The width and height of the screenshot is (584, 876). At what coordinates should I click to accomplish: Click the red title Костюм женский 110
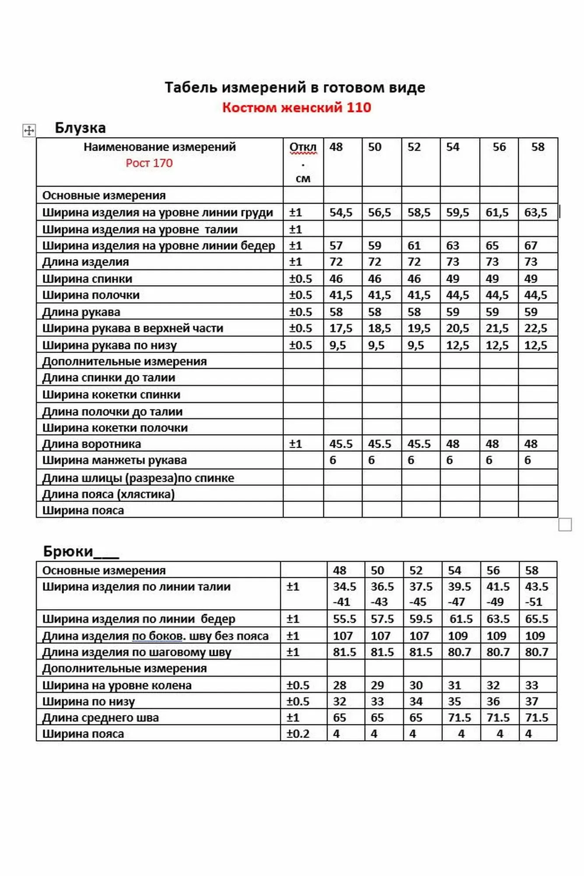pos(296,107)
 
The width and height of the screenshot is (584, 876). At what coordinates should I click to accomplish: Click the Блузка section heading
pos(80,128)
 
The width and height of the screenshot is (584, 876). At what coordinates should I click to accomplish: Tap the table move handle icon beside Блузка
pos(29,130)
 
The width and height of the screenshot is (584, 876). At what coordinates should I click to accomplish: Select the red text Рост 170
pos(149,163)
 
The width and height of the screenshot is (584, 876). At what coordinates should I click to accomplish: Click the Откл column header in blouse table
pos(303,148)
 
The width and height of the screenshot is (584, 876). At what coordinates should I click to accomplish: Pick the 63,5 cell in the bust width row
pos(535,212)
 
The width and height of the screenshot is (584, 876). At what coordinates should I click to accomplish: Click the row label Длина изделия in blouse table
pos(85,262)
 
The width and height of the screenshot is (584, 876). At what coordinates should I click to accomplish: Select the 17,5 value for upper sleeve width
pos(340,328)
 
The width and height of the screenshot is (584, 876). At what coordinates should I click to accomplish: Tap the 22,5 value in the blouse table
pos(535,328)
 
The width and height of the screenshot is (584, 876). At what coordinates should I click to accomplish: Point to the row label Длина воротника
pos(92,444)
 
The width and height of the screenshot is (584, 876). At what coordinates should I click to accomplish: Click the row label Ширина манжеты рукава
pos(114,460)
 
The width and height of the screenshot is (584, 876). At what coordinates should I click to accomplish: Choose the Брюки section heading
pos(68,551)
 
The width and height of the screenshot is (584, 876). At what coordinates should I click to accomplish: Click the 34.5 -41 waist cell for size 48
pos(344,594)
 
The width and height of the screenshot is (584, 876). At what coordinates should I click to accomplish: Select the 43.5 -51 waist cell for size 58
pos(536,594)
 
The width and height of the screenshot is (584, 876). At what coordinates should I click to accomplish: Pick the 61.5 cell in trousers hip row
pos(460,619)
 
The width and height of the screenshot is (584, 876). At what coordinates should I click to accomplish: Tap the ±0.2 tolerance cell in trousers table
pos(298,734)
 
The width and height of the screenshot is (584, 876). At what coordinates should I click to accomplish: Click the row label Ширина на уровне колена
pos(117,685)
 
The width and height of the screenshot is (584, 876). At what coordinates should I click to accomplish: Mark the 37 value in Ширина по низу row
pos(531,701)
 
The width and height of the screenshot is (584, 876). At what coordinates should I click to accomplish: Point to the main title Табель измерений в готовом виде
pos(295,88)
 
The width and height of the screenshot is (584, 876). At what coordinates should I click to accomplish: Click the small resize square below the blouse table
pos(565,524)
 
